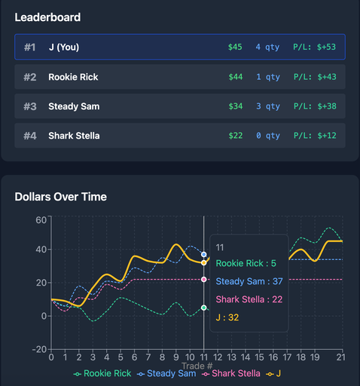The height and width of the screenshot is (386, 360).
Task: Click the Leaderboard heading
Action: [x=47, y=17]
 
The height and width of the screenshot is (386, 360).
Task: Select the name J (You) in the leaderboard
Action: [x=63, y=47]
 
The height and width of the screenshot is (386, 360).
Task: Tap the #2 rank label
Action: [x=30, y=77]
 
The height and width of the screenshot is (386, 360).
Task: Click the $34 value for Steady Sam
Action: [x=236, y=106]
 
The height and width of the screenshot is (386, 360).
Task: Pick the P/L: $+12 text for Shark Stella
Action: [x=315, y=136]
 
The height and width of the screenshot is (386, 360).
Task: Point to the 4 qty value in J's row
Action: [x=267, y=47]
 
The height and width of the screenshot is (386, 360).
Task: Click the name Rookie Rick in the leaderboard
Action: [x=73, y=77]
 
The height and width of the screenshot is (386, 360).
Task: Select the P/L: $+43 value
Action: [x=315, y=77]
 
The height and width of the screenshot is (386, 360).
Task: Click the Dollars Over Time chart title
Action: [x=61, y=197]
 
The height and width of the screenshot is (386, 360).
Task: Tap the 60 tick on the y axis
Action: [x=41, y=219]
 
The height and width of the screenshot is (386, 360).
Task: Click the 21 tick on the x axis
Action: [x=341, y=357]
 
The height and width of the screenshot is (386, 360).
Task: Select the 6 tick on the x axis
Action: [x=134, y=357]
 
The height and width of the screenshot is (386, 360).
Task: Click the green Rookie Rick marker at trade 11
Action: [x=204, y=308]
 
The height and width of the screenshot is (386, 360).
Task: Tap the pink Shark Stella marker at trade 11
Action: [x=204, y=280]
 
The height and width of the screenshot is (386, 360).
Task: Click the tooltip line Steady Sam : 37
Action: [x=249, y=281]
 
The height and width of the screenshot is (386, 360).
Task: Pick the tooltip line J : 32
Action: [x=227, y=317]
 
